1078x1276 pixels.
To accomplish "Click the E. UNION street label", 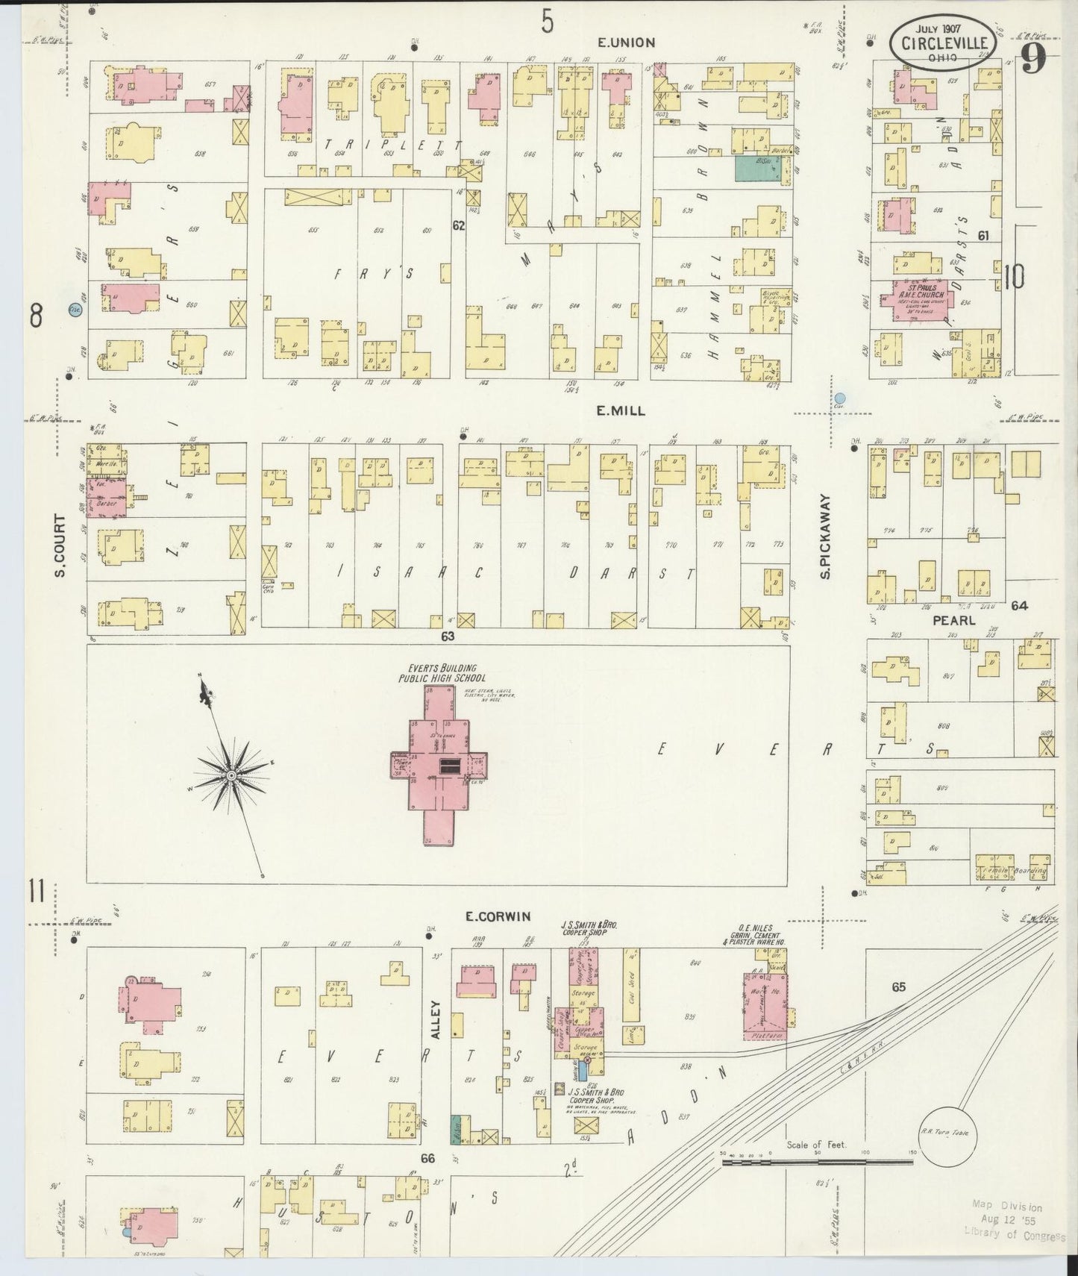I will [626, 43].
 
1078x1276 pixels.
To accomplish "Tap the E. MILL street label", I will [620, 411].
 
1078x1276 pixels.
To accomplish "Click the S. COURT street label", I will [59, 545].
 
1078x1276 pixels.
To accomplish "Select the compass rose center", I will [231, 775].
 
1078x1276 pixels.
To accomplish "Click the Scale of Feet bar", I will [818, 1177].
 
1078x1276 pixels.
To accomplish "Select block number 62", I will [458, 225].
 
